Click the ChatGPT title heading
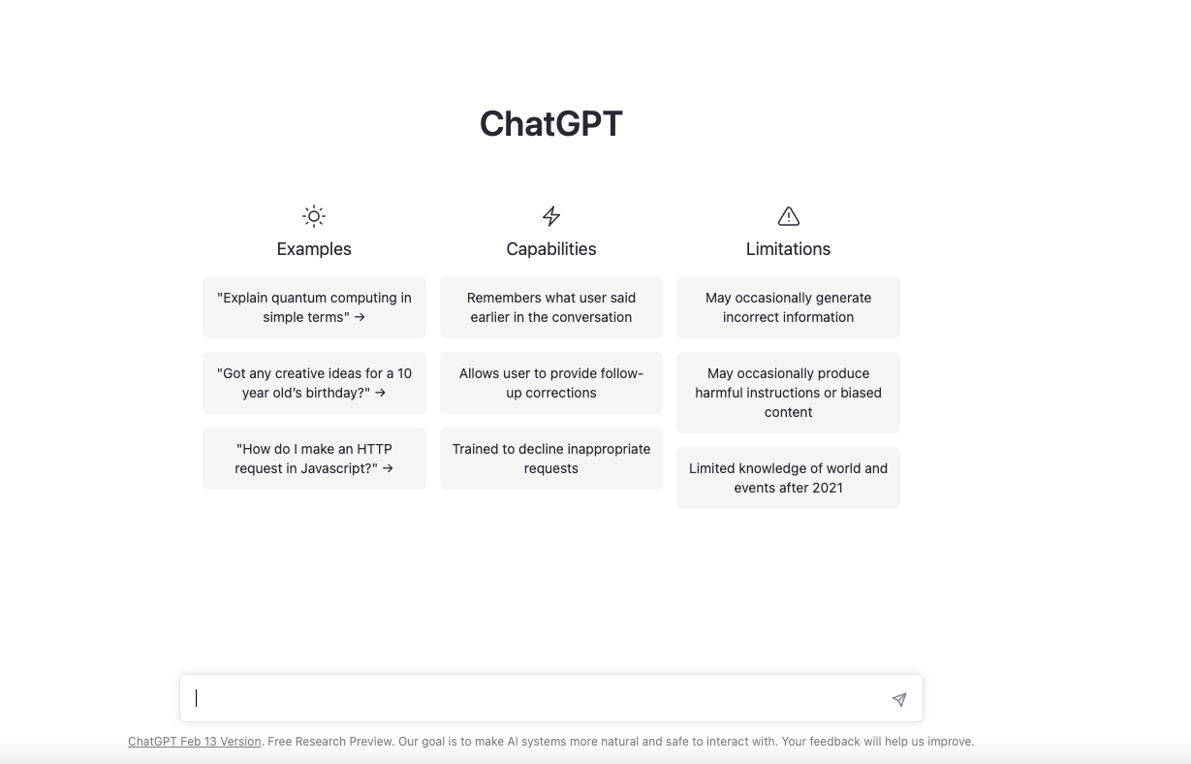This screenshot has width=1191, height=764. click(550, 124)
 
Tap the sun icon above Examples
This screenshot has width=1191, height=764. click(314, 216)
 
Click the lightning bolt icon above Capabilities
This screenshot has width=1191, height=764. click(550, 216)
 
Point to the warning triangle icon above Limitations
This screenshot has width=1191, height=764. click(788, 216)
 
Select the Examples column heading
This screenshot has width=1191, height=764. click(314, 249)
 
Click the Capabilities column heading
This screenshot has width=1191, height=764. click(550, 249)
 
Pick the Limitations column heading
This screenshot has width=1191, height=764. click(788, 249)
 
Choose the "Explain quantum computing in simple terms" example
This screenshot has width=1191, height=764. click(314, 307)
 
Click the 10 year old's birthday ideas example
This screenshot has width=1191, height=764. click(314, 383)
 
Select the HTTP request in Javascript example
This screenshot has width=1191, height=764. click(314, 459)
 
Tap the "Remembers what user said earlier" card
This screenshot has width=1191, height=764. click(550, 307)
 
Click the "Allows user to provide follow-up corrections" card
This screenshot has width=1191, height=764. click(550, 383)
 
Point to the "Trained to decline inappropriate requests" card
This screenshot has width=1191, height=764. click(550, 459)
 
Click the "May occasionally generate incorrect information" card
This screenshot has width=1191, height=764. click(788, 307)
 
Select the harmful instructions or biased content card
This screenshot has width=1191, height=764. click(788, 393)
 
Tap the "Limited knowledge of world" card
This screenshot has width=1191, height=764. click(788, 478)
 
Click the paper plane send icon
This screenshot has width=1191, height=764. click(899, 699)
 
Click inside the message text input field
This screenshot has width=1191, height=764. click(533, 698)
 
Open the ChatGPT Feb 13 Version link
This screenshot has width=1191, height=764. click(194, 742)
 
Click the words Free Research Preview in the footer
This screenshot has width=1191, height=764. click(330, 742)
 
